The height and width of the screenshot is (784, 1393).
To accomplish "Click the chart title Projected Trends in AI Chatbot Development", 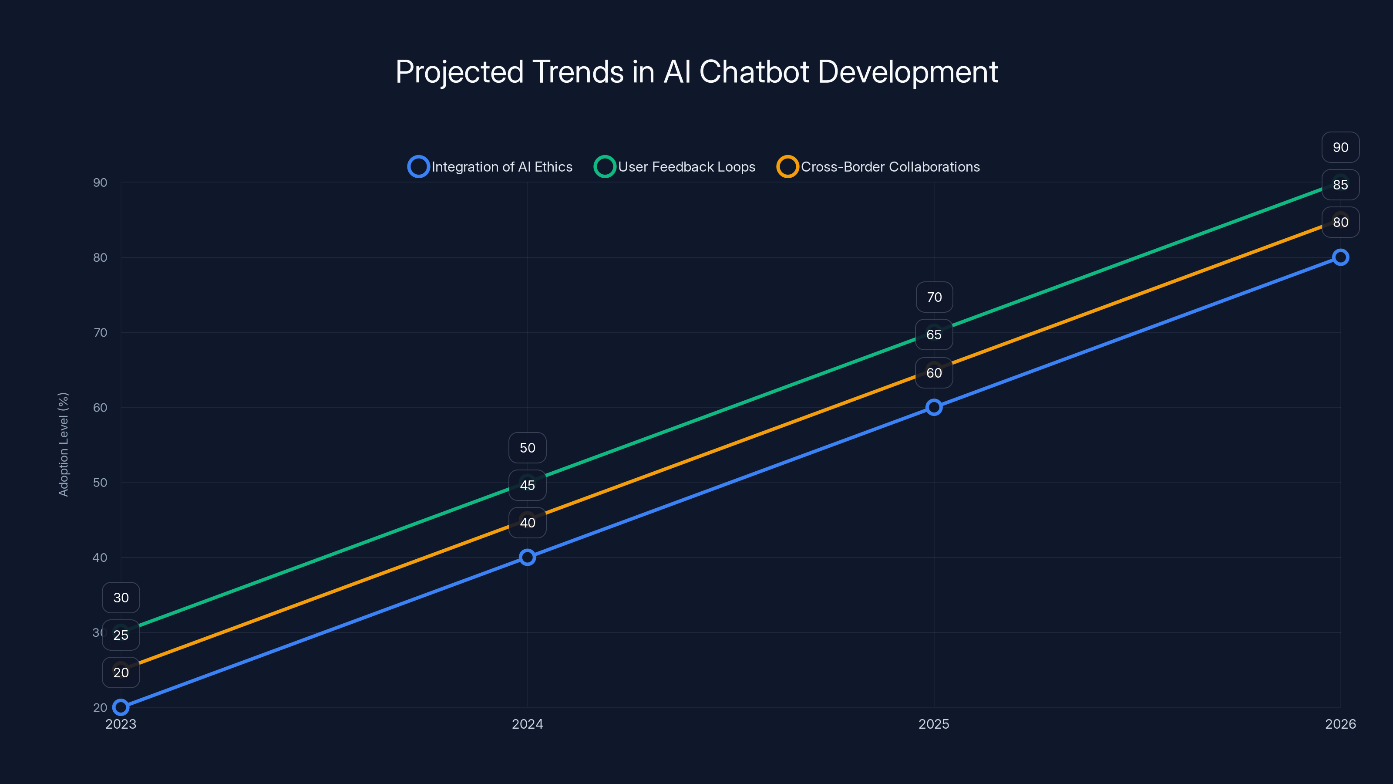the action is point(696,72).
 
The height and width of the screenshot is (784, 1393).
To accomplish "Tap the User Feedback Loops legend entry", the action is point(674,167).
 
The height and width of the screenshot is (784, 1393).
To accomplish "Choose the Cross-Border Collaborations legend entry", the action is point(878,167).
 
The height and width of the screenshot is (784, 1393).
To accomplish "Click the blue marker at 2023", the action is point(121,707).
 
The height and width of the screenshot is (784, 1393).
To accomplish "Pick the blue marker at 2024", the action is point(527,558).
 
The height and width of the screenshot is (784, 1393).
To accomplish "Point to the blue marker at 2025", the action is point(934,407).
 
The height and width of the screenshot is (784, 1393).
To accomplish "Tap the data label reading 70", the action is point(934,297).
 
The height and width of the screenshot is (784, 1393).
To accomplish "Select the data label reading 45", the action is point(527,485).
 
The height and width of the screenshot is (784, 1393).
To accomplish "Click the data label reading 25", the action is point(121,635).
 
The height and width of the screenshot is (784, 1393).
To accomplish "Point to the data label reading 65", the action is point(934,335).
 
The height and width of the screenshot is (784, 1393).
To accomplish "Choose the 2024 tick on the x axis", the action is point(527,724).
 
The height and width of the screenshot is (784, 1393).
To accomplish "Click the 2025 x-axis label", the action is point(934,724).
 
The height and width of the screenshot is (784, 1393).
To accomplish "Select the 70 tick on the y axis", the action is point(100,332).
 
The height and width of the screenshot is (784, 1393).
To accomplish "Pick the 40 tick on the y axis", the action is point(100,558).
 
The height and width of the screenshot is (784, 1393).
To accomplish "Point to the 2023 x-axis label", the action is point(121,724).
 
